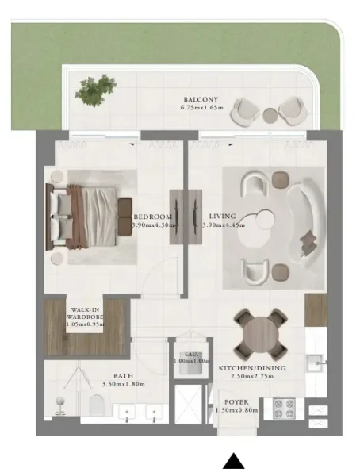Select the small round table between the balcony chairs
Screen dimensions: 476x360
coord(270,115)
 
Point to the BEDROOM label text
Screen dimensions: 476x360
coord(152,216)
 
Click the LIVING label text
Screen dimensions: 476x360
coord(221,216)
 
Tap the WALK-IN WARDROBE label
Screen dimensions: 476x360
coord(85,316)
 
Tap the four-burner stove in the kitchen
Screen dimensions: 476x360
coord(283,408)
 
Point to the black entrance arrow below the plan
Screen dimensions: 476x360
coord(233,461)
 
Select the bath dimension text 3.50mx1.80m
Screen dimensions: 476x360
coord(125,385)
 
